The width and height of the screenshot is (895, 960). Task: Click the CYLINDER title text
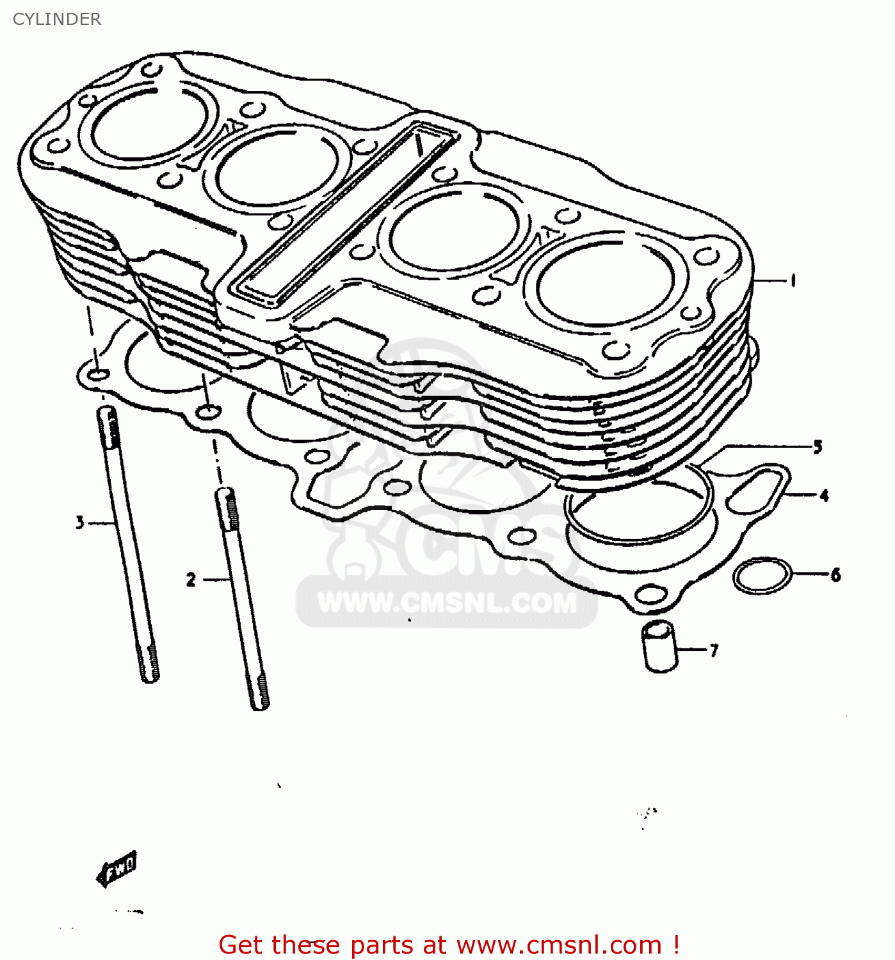(56, 19)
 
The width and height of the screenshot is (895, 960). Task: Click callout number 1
(793, 280)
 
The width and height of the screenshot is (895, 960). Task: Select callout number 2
(191, 580)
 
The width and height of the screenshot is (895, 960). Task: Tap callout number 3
(79, 523)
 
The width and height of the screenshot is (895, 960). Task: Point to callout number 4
(824, 495)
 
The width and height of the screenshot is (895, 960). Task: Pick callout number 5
(818, 447)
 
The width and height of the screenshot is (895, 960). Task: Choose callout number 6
(835, 575)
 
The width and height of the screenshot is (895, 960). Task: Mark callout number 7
(714, 650)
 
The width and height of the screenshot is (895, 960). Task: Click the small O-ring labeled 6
(762, 576)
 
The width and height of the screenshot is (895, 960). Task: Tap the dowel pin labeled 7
(660, 646)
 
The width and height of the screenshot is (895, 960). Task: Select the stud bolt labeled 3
(128, 544)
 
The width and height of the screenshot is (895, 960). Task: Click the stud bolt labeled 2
(243, 598)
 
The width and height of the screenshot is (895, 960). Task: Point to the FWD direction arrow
(117, 868)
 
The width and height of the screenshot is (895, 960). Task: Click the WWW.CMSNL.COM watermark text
(447, 603)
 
